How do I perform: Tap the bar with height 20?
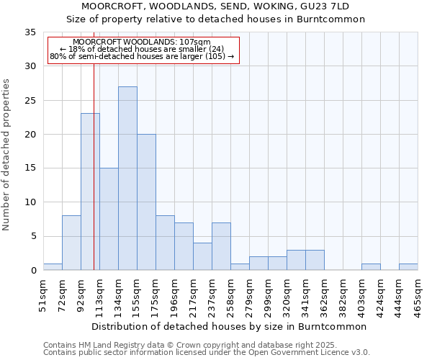(x=146, y=202)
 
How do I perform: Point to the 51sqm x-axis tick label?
(x=44, y=294)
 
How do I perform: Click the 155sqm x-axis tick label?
(x=138, y=296)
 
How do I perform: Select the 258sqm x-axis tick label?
(x=231, y=296)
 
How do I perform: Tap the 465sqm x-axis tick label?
(x=418, y=296)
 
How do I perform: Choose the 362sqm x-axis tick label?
(x=325, y=296)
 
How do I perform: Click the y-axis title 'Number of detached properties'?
(x=7, y=154)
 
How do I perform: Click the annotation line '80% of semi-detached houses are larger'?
(x=142, y=56)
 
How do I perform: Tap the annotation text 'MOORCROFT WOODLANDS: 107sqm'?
(x=142, y=42)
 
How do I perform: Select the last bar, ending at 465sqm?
(x=408, y=266)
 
